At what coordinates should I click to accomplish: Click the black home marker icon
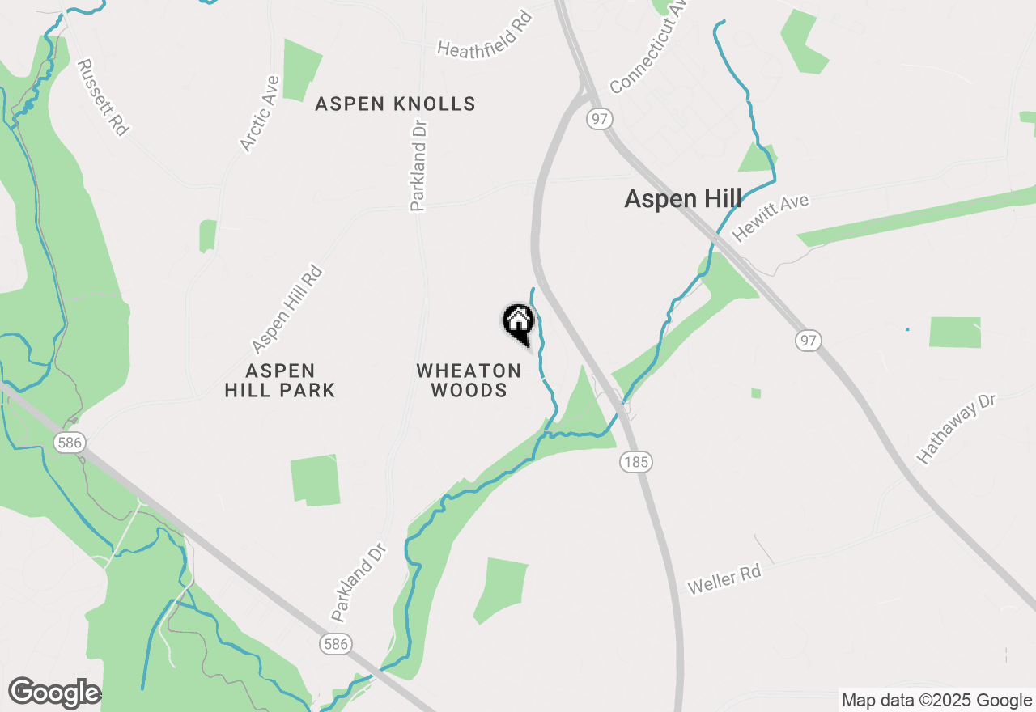click(x=518, y=322)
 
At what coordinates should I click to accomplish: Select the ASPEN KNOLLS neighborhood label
click(x=395, y=104)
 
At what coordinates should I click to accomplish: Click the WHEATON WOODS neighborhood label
click(x=469, y=380)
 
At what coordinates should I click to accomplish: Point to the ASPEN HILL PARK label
click(x=280, y=380)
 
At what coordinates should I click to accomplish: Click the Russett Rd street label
click(x=103, y=96)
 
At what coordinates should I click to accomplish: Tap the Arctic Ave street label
click(x=260, y=113)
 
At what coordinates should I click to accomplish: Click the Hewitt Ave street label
click(x=771, y=217)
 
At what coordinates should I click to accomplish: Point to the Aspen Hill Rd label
click(x=287, y=310)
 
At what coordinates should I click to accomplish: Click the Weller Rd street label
click(x=724, y=580)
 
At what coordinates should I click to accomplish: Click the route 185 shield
click(x=636, y=462)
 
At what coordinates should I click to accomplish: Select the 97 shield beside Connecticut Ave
click(x=599, y=119)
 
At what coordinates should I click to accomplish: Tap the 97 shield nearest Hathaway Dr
click(x=807, y=341)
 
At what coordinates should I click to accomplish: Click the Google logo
click(x=53, y=693)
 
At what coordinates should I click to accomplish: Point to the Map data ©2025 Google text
click(x=936, y=701)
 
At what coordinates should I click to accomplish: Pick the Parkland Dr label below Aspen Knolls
click(x=418, y=165)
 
